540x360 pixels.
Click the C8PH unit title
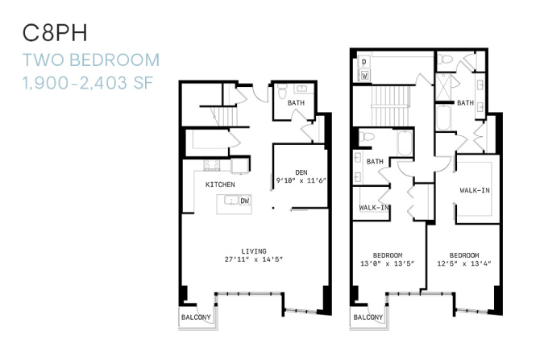click(x=55, y=33)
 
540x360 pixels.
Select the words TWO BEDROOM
click(x=91, y=60)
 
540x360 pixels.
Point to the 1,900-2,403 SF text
click(x=88, y=83)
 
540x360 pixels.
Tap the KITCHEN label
click(x=220, y=184)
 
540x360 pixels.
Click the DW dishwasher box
click(x=245, y=201)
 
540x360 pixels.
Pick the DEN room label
click(x=301, y=172)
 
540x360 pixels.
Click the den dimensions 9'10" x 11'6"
click(x=301, y=180)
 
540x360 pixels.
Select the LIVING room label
click(x=254, y=251)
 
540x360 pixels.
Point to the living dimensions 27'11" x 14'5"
click(x=254, y=259)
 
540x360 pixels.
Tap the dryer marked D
click(x=364, y=62)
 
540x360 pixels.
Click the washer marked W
click(x=365, y=75)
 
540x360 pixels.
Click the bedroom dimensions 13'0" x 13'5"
click(x=388, y=264)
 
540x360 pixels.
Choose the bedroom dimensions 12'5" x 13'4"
click(x=464, y=264)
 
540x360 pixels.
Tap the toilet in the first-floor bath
click(x=282, y=91)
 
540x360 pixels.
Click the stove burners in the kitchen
click(x=212, y=165)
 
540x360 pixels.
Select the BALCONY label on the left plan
click(x=196, y=317)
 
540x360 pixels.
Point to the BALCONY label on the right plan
click(x=368, y=317)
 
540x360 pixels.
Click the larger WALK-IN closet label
click(x=475, y=190)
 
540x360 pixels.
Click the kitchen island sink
click(x=232, y=200)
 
